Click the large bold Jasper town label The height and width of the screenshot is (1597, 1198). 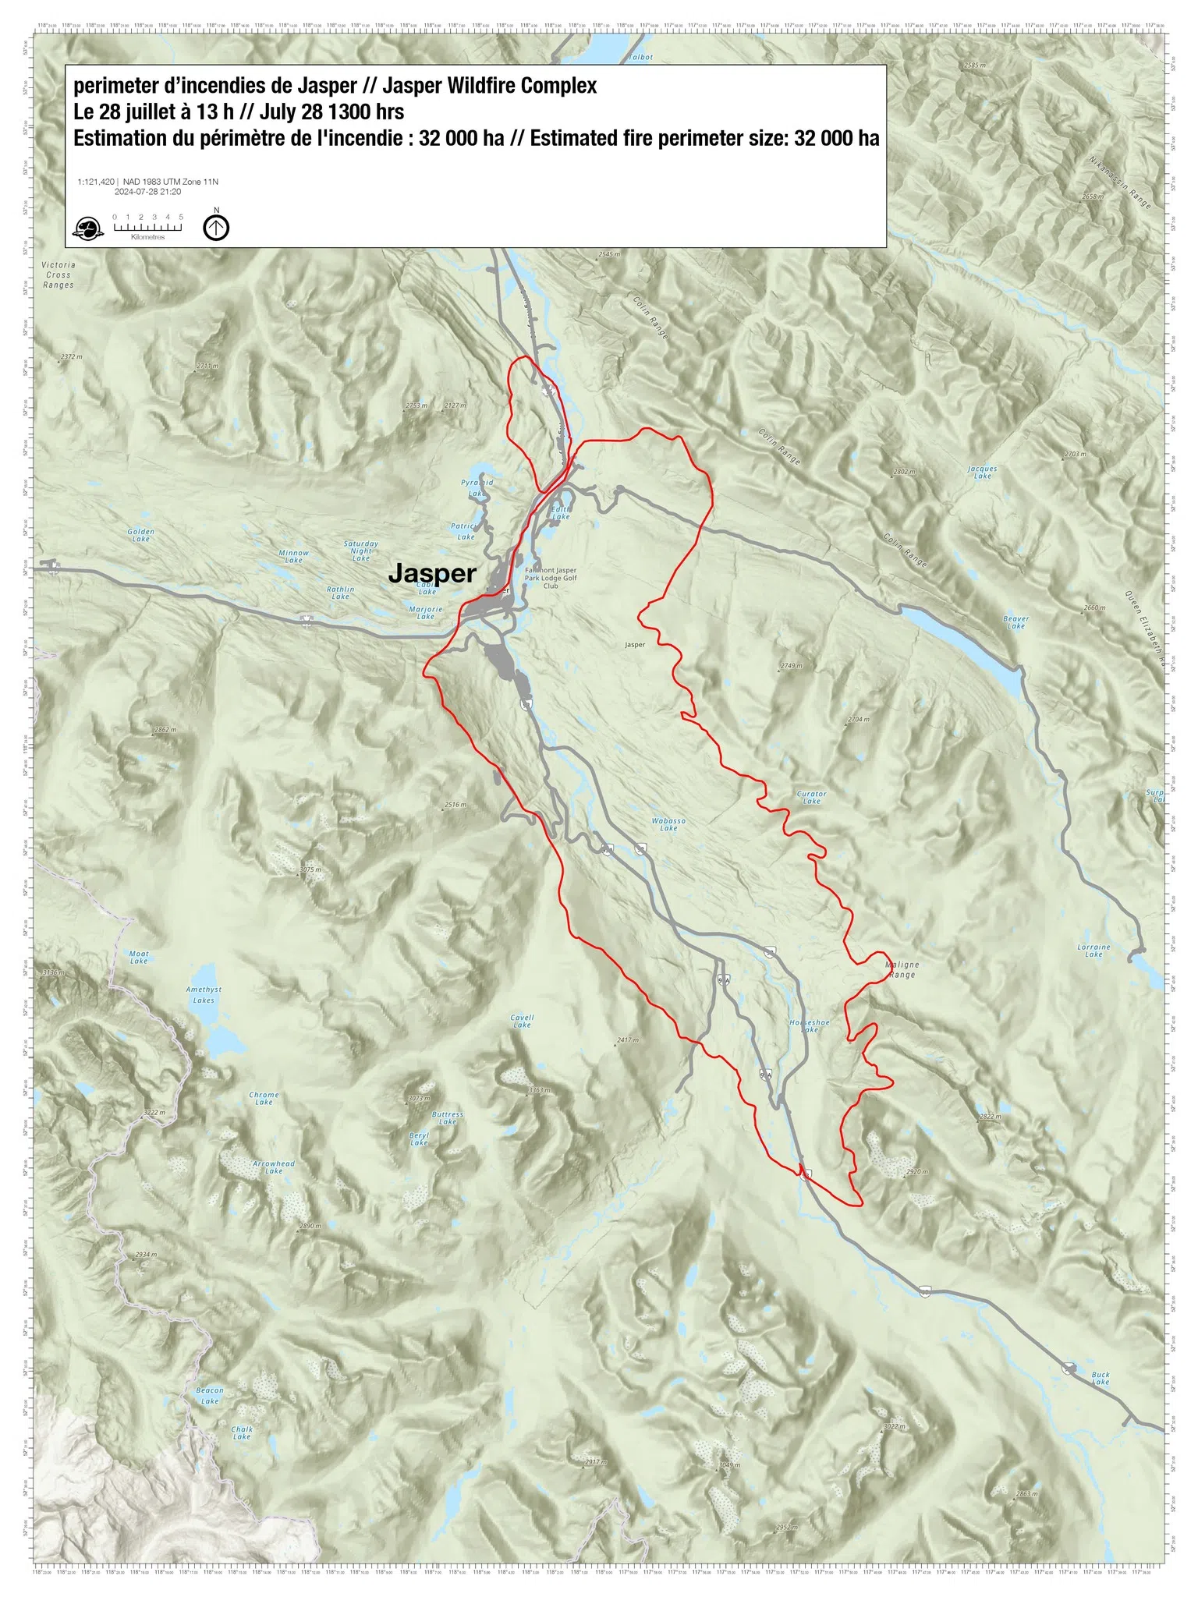(x=431, y=573)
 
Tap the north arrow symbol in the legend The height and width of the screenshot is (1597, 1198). (x=216, y=227)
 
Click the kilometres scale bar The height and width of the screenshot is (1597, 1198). (x=147, y=227)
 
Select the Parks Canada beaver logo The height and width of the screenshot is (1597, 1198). (x=87, y=228)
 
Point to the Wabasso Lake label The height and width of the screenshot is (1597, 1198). (x=668, y=824)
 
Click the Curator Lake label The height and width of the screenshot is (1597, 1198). (x=811, y=797)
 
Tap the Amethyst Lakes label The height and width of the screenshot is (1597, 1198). (x=204, y=994)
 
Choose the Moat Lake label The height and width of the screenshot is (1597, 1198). (x=139, y=957)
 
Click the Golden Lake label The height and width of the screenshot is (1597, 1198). (x=140, y=535)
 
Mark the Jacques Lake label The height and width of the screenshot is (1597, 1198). (x=982, y=472)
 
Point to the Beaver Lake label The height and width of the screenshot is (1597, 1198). (x=1015, y=621)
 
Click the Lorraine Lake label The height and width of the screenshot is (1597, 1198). (x=1093, y=950)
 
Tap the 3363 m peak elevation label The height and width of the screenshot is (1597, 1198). (x=539, y=1090)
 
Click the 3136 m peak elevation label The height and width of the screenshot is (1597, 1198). (x=53, y=972)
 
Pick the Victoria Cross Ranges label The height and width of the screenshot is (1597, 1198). (x=58, y=275)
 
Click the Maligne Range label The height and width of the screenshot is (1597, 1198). (x=902, y=969)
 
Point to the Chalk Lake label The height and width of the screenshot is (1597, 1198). (x=242, y=1433)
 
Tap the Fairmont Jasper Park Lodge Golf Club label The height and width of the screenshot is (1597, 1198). (x=551, y=578)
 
